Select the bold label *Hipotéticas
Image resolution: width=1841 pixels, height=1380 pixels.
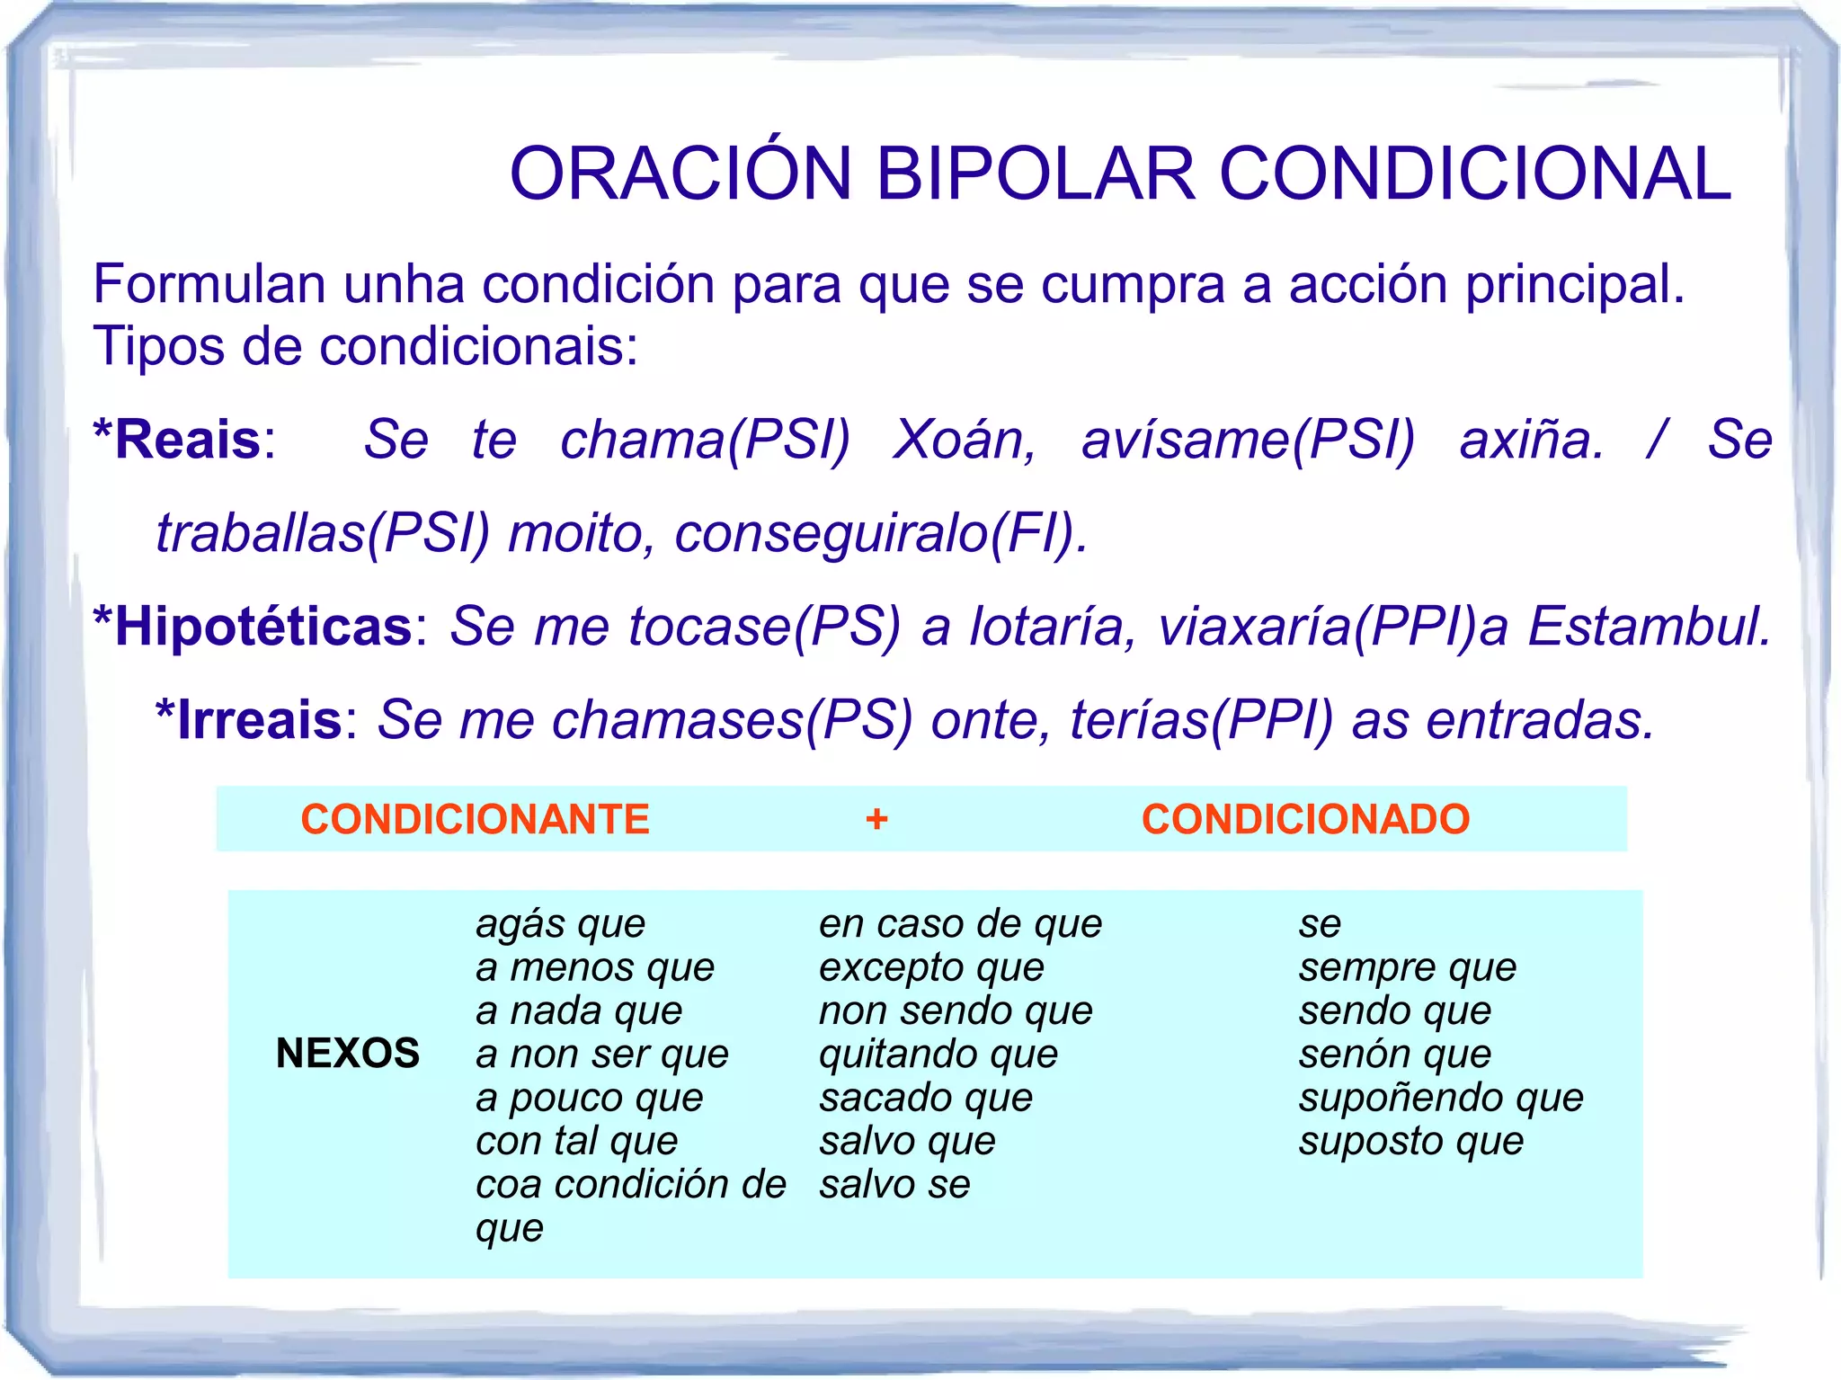pos(253,626)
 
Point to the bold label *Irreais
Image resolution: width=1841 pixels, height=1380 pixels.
pos(249,719)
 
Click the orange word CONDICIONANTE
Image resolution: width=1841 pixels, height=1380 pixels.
pos(475,819)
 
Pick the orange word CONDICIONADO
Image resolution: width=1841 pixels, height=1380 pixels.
pos(1305,819)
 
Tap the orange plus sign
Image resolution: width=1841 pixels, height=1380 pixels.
pos(876,819)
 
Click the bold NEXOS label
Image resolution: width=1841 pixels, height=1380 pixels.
pos(348,1053)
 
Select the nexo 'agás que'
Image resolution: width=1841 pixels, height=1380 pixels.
pos(560,924)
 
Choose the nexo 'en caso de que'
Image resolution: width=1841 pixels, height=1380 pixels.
pos(960,924)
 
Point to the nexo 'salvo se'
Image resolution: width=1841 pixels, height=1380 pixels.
pos(894,1184)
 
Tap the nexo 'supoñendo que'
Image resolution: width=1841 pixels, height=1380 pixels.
pos(1440,1098)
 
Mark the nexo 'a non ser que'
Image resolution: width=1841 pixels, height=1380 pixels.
pos(601,1054)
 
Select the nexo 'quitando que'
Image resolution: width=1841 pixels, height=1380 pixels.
pos(938,1054)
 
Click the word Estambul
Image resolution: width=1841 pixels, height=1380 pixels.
pos(1649,626)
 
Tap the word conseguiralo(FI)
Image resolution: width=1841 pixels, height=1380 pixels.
pos(881,533)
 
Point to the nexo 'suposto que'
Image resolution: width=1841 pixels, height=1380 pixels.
pos(1410,1141)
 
